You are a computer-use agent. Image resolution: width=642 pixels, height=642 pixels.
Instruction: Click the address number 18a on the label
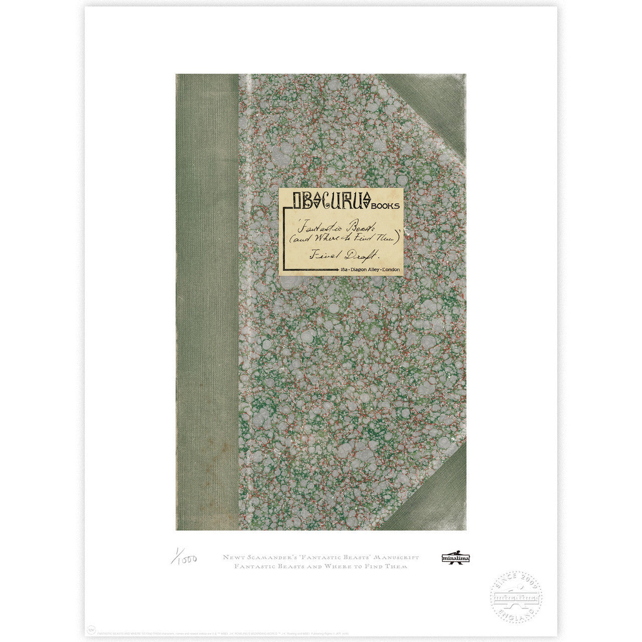[x=345, y=270]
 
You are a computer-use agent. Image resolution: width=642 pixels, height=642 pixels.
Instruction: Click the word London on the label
[x=392, y=270]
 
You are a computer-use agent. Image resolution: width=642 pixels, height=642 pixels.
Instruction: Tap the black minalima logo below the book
[x=456, y=558]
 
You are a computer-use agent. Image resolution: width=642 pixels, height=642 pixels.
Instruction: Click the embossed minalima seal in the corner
[x=516, y=597]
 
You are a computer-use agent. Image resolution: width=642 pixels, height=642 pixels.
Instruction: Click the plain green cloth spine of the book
[x=207, y=301]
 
